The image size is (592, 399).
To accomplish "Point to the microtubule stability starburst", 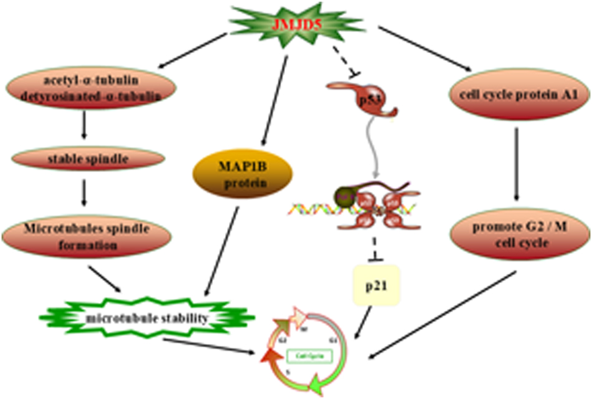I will click(x=147, y=319).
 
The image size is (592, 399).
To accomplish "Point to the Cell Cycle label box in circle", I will click(x=309, y=357).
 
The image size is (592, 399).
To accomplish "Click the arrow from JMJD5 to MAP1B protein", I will click(x=274, y=100).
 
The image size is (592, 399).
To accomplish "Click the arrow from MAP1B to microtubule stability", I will click(x=221, y=249).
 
